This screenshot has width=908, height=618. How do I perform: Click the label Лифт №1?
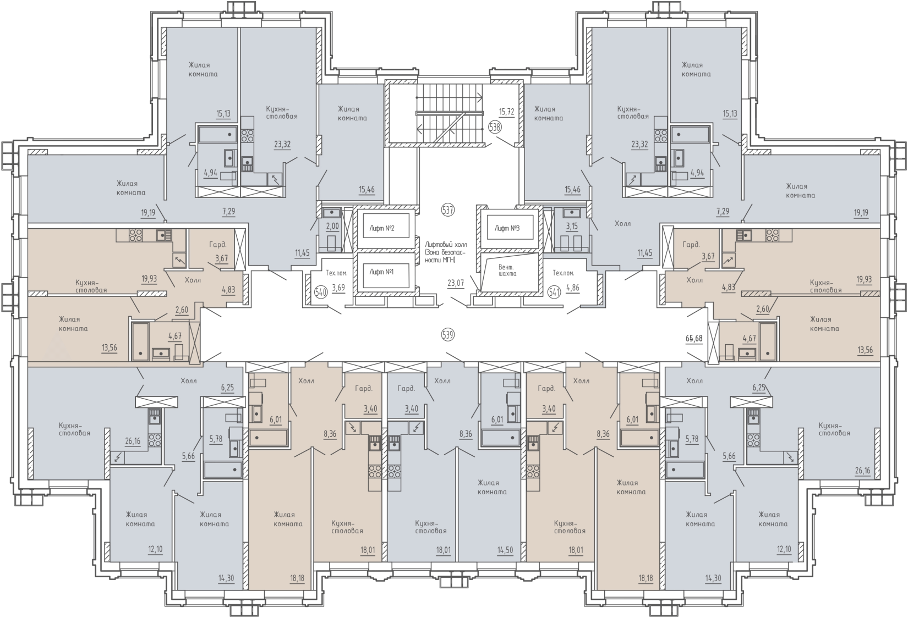[382, 272]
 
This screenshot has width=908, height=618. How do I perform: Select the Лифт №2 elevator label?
[382, 228]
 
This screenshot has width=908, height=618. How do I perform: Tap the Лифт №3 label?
[507, 228]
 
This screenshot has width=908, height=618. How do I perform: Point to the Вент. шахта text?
[507, 271]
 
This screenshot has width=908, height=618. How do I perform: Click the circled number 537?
[448, 210]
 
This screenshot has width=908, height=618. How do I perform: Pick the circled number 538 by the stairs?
[495, 128]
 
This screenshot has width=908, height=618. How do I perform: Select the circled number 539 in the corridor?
[448, 335]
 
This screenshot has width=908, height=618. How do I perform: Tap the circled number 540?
[321, 292]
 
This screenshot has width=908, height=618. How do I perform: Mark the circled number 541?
[554, 292]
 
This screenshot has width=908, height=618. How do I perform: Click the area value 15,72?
[507, 112]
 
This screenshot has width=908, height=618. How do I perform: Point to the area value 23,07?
[456, 283]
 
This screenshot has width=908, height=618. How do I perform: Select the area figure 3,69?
[338, 288]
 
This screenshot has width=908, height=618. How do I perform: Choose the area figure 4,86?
[572, 288]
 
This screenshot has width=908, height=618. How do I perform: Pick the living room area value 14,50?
[505, 550]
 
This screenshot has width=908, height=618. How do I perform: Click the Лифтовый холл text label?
[446, 245]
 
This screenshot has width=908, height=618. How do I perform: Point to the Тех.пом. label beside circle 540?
[337, 273]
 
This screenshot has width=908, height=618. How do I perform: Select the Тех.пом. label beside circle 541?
[564, 273]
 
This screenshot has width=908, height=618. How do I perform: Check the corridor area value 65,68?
[694, 338]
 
